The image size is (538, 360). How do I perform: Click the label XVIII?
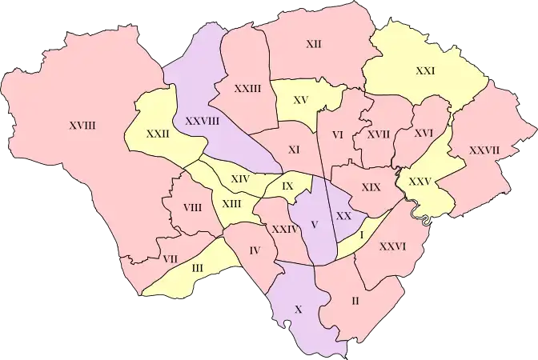point(82,125)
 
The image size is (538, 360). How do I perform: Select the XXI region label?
point(425,70)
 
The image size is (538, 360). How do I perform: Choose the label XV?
point(301,100)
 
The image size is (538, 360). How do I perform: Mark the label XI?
point(294,150)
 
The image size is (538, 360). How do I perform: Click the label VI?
point(337,134)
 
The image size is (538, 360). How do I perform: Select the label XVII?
point(378,134)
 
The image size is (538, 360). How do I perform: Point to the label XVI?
point(424,133)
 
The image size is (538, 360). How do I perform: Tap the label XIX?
point(371,186)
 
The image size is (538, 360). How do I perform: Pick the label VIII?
point(192,207)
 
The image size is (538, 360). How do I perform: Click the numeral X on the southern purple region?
point(299,309)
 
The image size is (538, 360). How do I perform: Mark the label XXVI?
point(393,246)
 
